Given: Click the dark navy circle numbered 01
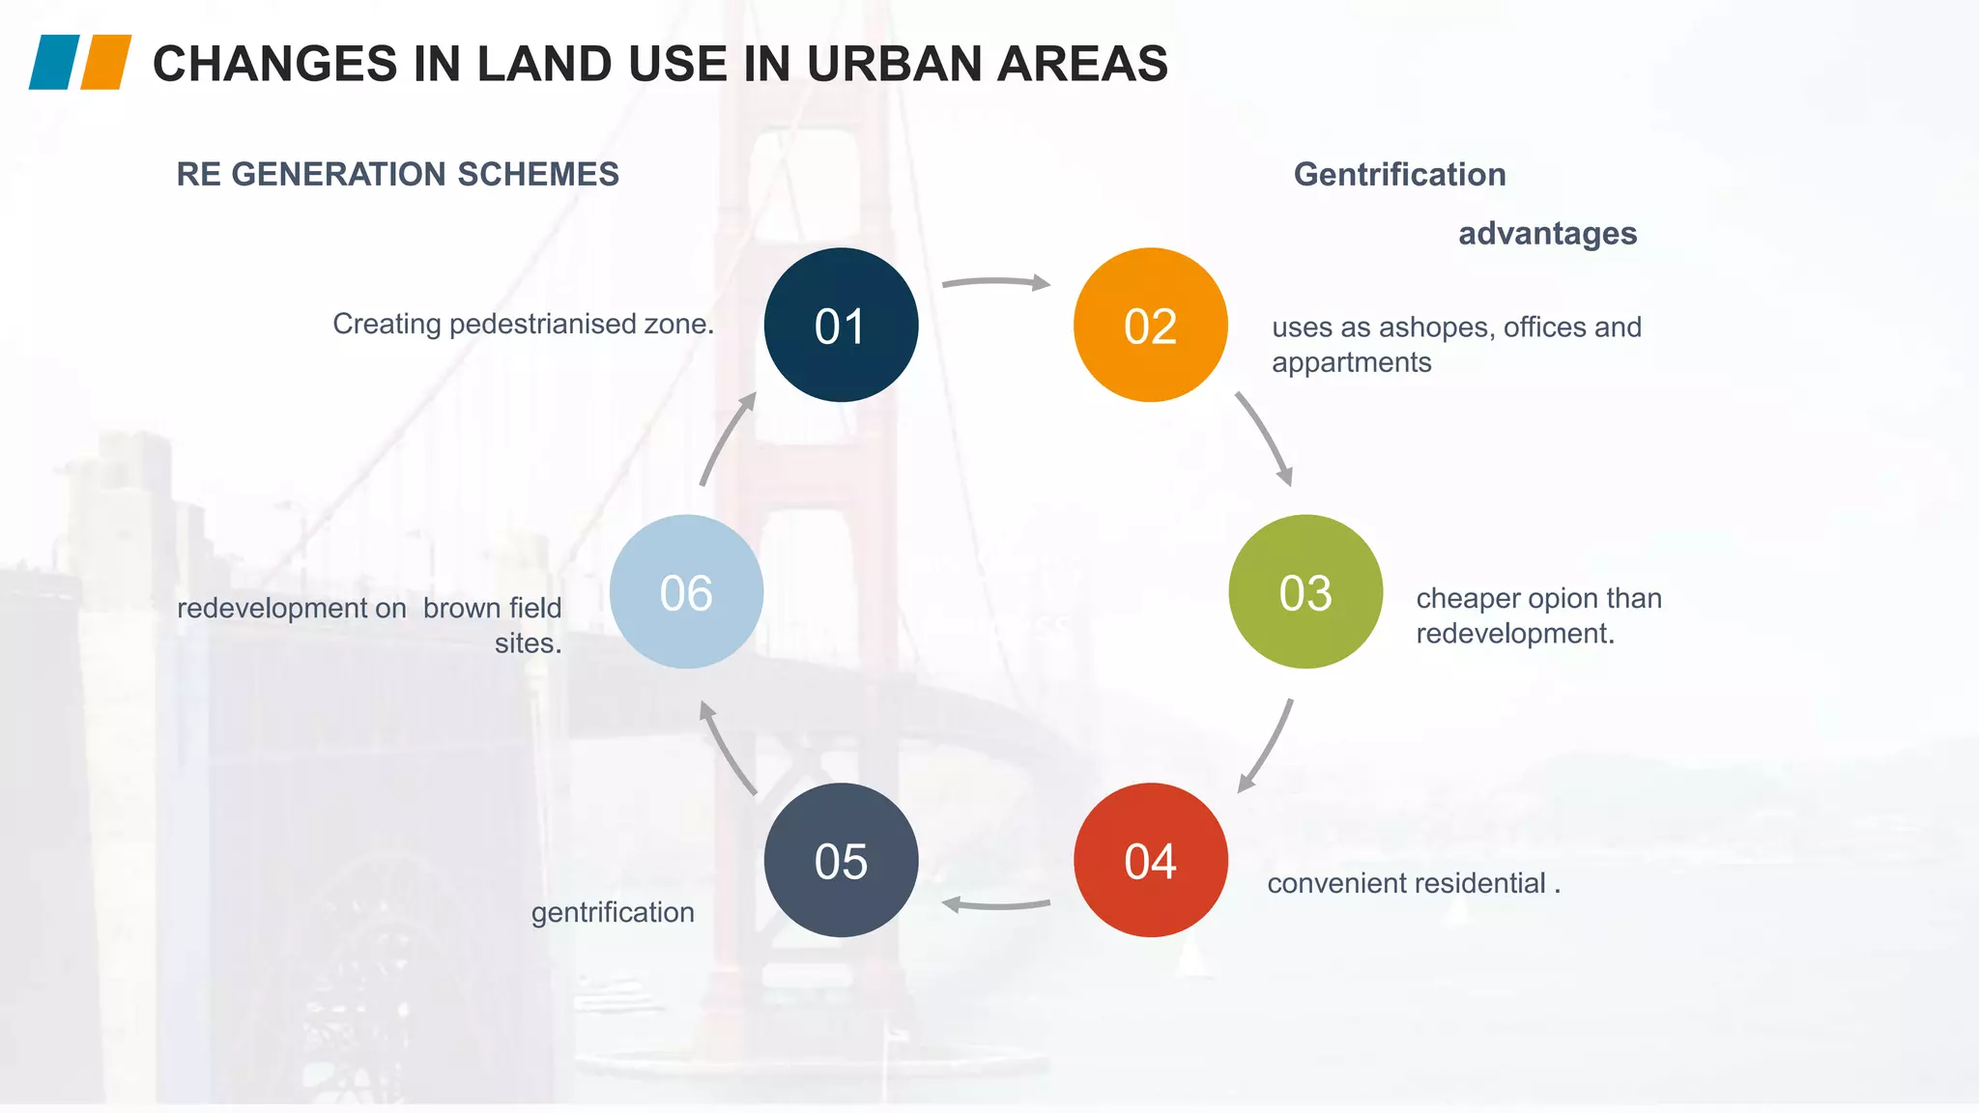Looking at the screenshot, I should click(841, 325).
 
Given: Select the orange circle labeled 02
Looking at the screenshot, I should click(1150, 325).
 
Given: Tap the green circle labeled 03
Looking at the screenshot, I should click(1305, 591).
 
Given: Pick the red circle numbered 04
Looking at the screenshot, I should click(1150, 860).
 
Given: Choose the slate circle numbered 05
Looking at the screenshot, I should click(841, 860).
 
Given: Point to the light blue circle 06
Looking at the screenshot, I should click(686, 591).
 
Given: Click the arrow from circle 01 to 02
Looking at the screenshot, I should click(995, 282).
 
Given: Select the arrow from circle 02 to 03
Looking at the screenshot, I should click(1266, 438).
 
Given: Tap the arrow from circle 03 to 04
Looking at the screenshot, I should click(1268, 746).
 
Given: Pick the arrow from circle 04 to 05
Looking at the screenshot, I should click(995, 905).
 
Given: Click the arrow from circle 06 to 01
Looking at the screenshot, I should click(725, 440).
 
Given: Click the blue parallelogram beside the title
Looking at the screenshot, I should click(54, 63).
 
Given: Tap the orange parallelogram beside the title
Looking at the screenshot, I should click(105, 63).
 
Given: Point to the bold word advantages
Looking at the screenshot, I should click(1547, 234).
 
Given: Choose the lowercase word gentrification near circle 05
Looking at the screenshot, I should click(613, 912).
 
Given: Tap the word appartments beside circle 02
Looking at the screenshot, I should click(1351, 362).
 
